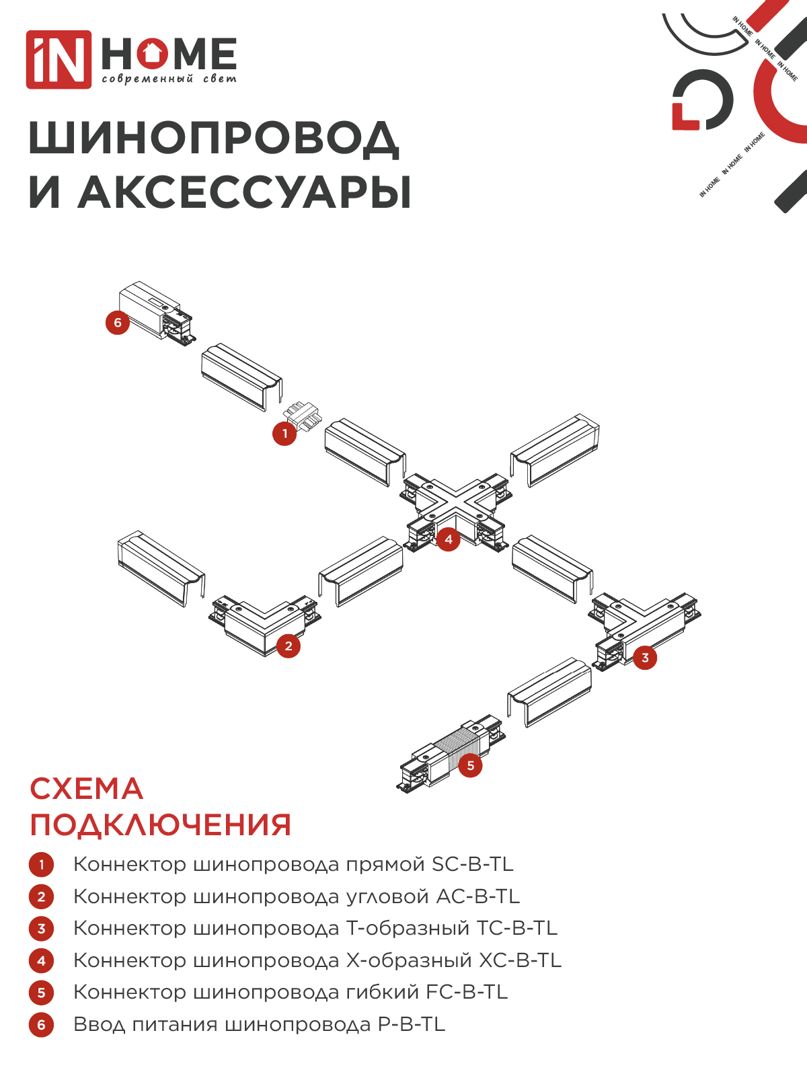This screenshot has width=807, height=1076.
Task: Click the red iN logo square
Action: pos(59,59)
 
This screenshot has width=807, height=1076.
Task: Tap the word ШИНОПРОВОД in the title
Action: pos(214,139)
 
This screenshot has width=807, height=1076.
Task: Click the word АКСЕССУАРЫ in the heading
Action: pos(244,192)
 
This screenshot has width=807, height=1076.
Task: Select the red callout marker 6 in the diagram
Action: pos(118,323)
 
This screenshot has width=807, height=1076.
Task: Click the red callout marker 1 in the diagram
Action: pos(284,434)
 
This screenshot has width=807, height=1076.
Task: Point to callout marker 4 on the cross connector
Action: pos(449,539)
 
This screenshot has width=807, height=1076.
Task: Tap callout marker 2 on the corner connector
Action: pos(289,646)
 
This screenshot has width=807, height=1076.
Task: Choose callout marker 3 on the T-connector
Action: pos(645,658)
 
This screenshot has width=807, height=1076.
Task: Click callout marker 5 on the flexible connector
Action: pos(471,765)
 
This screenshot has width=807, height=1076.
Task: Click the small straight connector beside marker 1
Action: pos(302,415)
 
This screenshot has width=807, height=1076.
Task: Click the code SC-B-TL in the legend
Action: pos(473,864)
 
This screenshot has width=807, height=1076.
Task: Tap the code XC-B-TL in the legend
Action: pos(519,960)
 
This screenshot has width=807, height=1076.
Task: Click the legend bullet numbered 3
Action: pos(41,929)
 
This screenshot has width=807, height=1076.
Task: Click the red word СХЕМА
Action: pos(87,789)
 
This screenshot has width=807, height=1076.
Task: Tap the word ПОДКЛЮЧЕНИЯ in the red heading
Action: pos(161,825)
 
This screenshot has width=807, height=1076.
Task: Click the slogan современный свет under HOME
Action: pos(169,79)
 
